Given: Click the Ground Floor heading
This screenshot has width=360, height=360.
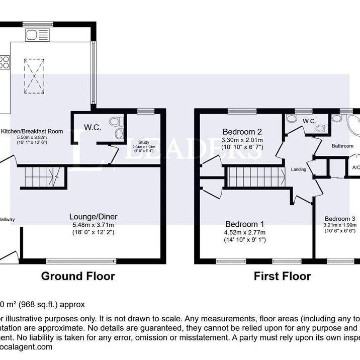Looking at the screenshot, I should (x=77, y=276).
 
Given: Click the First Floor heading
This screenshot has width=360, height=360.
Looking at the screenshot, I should (x=282, y=276).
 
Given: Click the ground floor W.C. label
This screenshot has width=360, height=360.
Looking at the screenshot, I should (x=93, y=128).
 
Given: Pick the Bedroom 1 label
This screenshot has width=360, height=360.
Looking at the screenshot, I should (x=244, y=224).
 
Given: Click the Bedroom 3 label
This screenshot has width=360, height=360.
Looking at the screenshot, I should (x=340, y=219).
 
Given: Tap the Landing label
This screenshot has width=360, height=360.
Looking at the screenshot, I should (x=299, y=169).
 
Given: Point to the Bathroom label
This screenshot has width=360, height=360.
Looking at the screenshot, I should (x=342, y=146).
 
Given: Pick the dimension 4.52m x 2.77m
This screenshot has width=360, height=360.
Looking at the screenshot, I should (x=244, y=232).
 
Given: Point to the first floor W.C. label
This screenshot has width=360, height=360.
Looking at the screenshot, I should (x=309, y=121).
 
